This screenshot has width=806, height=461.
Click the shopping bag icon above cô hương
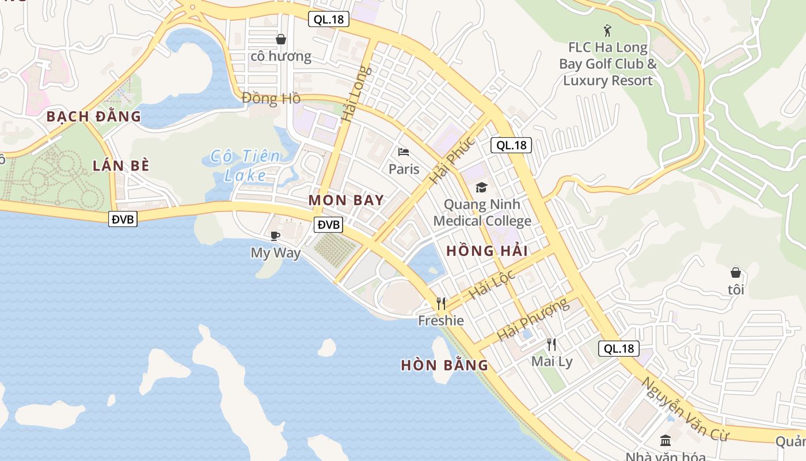[x=281, y=39]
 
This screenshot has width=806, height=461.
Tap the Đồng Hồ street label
[x=271, y=99]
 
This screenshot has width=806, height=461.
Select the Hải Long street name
[x=357, y=95]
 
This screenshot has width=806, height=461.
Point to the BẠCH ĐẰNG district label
[x=94, y=116]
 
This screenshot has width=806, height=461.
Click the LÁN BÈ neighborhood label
[x=121, y=166]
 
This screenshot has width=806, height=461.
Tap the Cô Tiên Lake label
[x=246, y=165]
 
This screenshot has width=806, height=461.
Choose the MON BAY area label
[x=346, y=201]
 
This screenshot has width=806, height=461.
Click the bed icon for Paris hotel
[x=404, y=152]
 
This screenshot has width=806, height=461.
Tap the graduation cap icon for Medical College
[x=481, y=187]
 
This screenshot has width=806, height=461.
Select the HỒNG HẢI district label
[x=487, y=251]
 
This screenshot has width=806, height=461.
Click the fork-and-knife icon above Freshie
[x=441, y=303]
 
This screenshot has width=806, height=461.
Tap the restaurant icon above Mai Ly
[x=552, y=345]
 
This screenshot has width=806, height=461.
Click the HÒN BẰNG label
[x=444, y=365]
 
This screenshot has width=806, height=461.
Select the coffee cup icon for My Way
[x=275, y=236]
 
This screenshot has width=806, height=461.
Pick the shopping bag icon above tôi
[x=736, y=273]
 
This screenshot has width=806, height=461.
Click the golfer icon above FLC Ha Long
[x=607, y=30]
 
